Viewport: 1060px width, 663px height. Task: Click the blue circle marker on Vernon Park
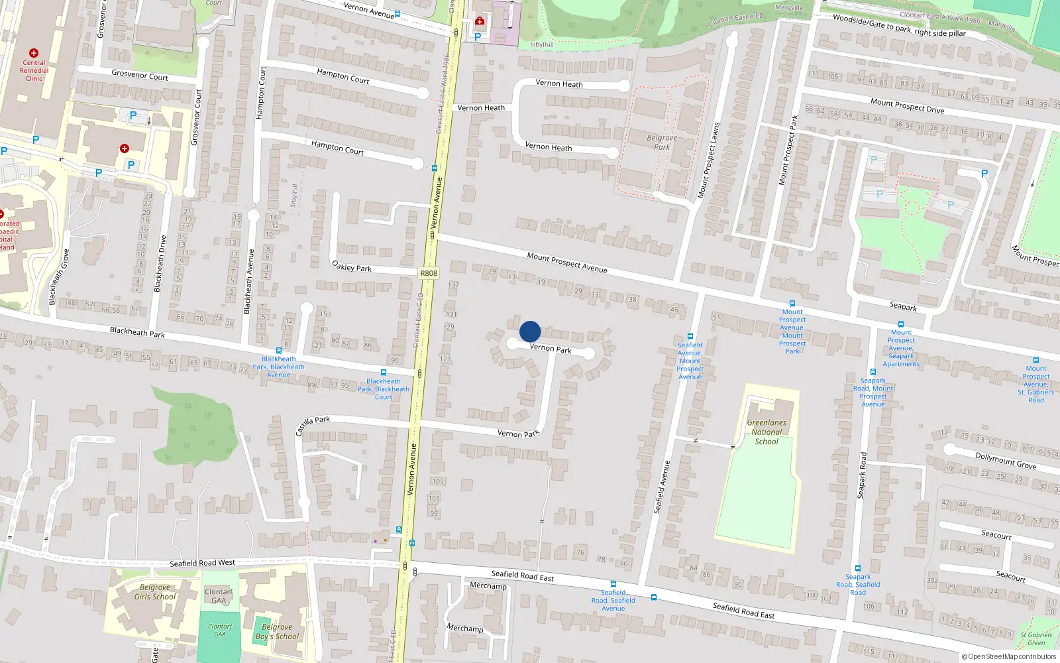(530, 331)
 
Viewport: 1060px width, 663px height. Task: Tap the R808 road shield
(429, 273)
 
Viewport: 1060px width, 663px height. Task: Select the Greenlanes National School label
(767, 432)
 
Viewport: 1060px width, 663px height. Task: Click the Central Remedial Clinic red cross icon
(34, 53)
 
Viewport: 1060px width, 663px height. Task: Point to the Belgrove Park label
(662, 142)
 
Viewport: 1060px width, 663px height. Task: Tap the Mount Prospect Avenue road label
(567, 263)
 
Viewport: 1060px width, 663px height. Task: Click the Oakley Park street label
(352, 267)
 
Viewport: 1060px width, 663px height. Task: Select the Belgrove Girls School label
(155, 592)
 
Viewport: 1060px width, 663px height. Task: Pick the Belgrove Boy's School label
(277, 632)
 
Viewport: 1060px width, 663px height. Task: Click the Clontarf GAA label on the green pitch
(220, 630)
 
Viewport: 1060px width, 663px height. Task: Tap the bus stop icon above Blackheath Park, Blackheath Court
(384, 373)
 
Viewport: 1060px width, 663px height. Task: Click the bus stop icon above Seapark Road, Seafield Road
(858, 568)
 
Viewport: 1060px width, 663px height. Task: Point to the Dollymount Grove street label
(1006, 459)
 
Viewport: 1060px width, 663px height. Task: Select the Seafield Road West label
(202, 563)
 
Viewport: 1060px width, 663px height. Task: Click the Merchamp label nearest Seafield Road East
(488, 585)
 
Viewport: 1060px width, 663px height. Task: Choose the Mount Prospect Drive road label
(907, 105)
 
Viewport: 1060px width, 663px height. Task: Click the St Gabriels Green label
(1036, 639)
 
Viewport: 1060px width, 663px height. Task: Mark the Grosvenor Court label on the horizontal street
(140, 75)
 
